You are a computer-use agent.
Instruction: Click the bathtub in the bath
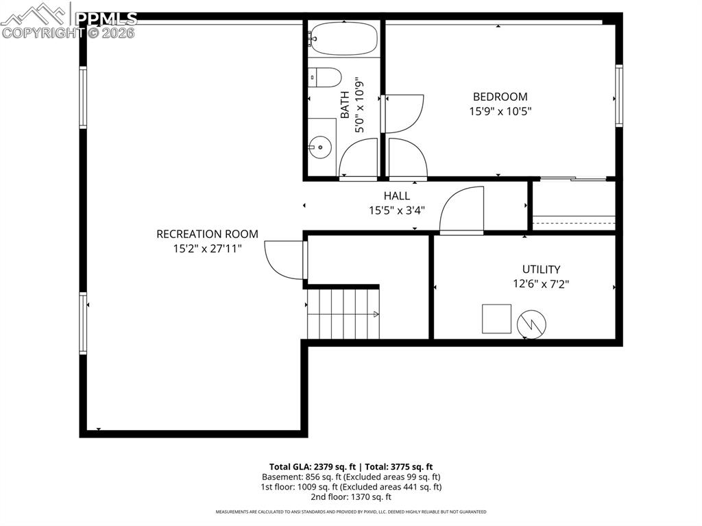343,39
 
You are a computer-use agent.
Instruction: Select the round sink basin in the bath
319,146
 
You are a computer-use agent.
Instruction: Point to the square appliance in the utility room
496,319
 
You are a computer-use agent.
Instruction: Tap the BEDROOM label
500,97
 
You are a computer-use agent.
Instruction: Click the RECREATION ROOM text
207,234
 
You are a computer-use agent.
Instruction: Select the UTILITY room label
541,270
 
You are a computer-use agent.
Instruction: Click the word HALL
397,196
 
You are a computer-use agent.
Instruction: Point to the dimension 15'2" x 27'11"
207,248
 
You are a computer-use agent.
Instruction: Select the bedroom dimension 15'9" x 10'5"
500,110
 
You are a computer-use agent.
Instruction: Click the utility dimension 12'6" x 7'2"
541,283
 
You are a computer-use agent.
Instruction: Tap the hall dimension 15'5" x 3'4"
397,210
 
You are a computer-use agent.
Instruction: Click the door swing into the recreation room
284,260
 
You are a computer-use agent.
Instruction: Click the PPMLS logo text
106,19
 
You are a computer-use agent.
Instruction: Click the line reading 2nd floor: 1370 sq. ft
350,497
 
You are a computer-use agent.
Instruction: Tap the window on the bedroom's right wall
619,96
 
